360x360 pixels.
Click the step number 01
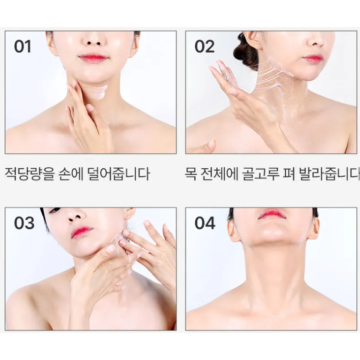(23, 47)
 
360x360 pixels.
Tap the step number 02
(205, 47)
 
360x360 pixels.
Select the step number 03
(24, 223)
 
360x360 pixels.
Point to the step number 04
(205, 223)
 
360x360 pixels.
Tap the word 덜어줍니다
(119, 174)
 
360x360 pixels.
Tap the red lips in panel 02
(312, 58)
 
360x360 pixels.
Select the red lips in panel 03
(81, 232)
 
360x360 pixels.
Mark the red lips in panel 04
(272, 214)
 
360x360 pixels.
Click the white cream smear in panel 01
(95, 91)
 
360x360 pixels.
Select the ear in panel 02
(254, 41)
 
